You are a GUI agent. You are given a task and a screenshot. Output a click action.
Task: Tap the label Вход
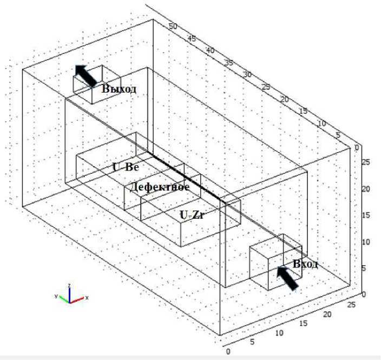coord(305,264)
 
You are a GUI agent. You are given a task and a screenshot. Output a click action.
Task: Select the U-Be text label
coord(126,167)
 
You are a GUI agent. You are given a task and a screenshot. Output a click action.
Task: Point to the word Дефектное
coord(160,187)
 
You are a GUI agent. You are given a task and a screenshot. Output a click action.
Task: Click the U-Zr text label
coord(193,215)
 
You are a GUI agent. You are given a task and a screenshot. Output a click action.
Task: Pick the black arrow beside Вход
coord(286,277)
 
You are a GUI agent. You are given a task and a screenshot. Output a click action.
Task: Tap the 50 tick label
coord(173,26)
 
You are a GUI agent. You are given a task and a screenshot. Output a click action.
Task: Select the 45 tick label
coord(192,38)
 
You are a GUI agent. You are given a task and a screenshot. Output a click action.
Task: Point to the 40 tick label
coord(211,51)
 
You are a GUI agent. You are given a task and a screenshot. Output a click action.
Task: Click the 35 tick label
coord(229,63)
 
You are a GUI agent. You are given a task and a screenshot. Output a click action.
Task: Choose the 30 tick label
coord(247,74)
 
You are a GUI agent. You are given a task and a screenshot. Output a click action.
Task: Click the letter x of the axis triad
coord(87,298)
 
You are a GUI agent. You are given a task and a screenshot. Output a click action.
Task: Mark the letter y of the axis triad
coord(56,297)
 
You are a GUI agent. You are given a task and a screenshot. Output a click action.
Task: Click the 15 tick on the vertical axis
coord(366,215)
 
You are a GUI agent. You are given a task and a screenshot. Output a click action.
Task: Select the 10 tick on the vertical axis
coord(366,241)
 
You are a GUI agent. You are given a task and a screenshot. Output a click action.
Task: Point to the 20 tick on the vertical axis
coord(366,188)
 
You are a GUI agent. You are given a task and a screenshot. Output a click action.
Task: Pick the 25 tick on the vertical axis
coord(366,162)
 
